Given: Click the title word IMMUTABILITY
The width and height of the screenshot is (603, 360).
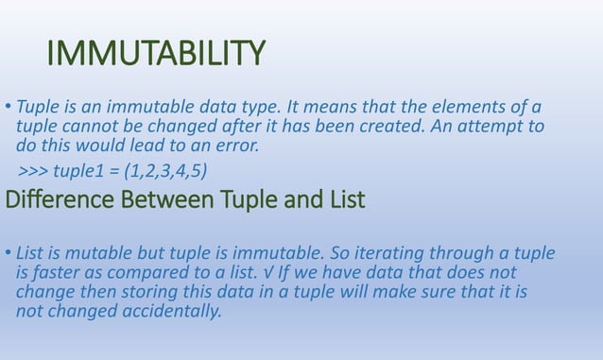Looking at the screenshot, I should [156, 54].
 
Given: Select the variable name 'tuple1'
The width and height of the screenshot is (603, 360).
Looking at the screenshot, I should [81, 171].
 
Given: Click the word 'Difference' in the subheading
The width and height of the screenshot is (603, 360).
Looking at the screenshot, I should [57, 200].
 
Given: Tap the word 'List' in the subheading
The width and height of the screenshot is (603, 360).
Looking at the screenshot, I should [345, 200].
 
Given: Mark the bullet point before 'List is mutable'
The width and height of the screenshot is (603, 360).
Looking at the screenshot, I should [9, 254].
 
